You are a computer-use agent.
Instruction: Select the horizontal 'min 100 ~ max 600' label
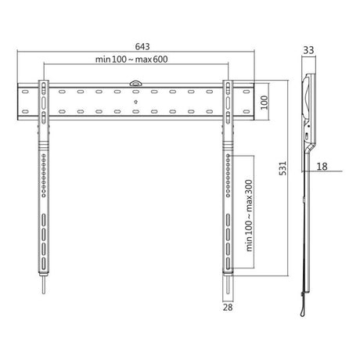[x=135, y=60]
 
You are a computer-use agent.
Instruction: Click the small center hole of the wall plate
[x=135, y=100]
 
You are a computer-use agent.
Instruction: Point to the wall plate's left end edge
[x=19, y=100]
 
